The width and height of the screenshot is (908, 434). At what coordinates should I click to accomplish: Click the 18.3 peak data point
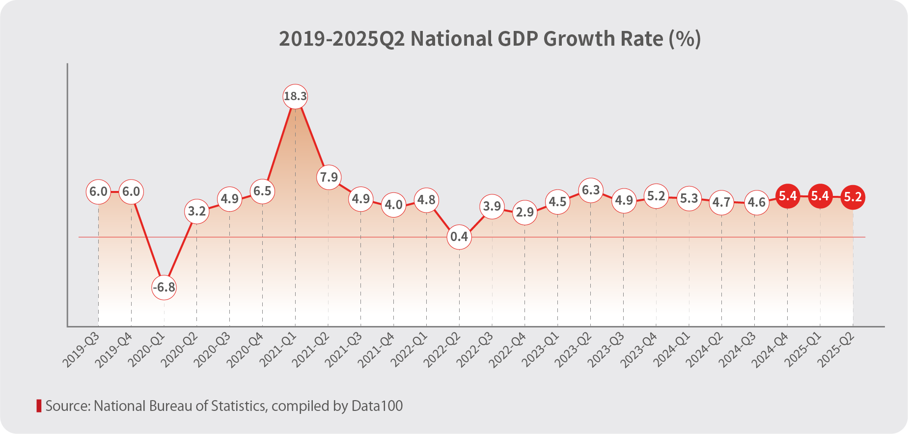295,96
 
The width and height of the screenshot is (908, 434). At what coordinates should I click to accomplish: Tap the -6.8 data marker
164,287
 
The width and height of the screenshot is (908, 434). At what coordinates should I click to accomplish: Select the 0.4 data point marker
459,237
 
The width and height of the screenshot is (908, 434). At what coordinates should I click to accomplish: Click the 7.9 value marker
329,177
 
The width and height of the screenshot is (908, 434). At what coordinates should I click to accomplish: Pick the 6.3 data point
591,190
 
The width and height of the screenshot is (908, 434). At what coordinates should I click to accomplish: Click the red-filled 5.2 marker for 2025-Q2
853,197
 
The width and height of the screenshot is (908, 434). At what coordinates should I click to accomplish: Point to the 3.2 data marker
197,211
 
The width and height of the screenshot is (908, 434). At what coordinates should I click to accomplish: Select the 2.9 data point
524,212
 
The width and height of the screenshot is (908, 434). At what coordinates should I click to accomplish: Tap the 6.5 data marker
262,191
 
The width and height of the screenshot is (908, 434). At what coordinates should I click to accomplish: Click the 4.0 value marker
393,204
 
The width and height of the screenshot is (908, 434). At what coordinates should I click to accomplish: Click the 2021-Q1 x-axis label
278,350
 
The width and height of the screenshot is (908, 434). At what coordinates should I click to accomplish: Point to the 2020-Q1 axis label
147,350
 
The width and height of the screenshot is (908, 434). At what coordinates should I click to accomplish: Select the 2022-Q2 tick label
442,350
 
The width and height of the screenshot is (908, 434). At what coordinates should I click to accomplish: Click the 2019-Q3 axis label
82,350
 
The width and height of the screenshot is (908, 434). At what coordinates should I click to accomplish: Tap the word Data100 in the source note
377,406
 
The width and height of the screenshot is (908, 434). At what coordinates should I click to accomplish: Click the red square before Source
39,406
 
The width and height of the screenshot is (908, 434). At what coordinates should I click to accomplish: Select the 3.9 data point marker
492,206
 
